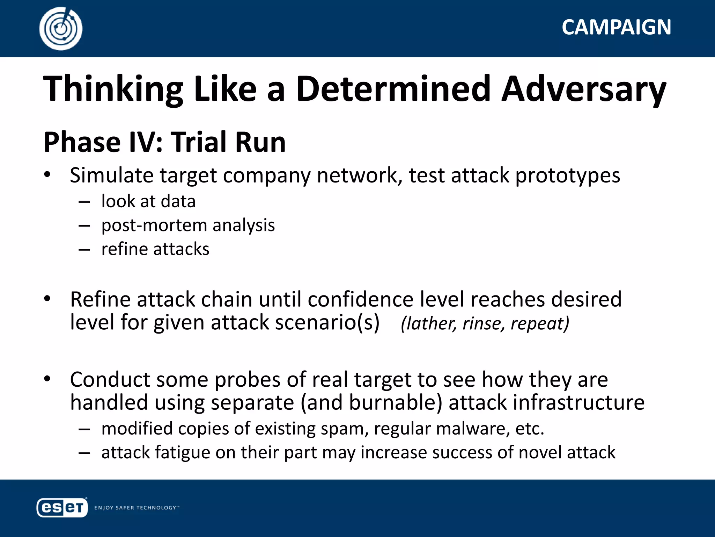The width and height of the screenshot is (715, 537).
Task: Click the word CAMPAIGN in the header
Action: click(616, 27)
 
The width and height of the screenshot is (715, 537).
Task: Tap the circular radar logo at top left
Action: click(61, 29)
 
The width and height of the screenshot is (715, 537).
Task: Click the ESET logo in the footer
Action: click(62, 507)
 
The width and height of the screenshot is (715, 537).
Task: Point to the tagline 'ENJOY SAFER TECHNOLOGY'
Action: click(137, 508)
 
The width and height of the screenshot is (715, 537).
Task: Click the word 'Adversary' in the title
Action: click(583, 89)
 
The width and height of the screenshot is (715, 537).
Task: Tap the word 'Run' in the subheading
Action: click(260, 142)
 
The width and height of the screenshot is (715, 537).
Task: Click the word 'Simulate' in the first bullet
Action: click(111, 175)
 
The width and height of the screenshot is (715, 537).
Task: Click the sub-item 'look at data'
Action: click(148, 202)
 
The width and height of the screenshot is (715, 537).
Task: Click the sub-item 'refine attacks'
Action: click(155, 249)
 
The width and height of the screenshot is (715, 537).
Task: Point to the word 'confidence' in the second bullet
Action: click(360, 300)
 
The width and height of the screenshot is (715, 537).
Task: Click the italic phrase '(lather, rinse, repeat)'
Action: click(485, 323)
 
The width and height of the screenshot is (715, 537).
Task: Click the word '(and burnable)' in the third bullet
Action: click(371, 403)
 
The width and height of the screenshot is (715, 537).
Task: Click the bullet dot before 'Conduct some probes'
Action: click(47, 379)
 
